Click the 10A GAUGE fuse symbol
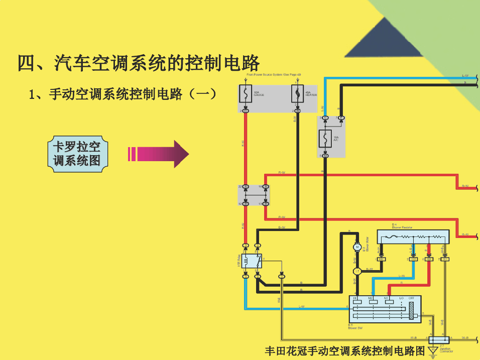(246, 94)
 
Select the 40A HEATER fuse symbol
(297, 94)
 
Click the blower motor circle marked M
(357, 247)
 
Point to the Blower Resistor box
(412, 236)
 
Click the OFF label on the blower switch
(411, 298)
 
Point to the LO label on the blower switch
(401, 298)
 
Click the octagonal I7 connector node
(357, 271)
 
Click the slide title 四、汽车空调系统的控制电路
(139, 63)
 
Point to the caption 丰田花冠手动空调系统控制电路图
(344, 350)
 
